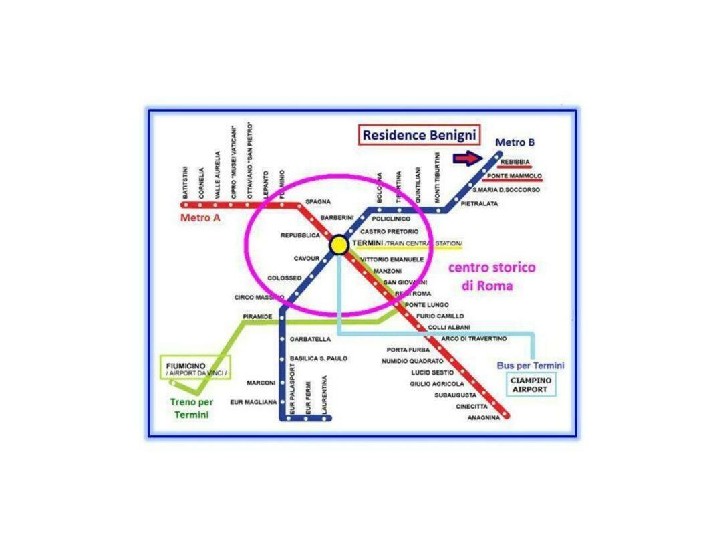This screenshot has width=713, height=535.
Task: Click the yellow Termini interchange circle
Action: pos(339,245)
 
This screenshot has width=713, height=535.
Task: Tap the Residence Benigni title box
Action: pos(420,135)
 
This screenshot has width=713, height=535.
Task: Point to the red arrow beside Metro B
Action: pos(466,158)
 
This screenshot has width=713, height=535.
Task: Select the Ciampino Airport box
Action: pos(531,385)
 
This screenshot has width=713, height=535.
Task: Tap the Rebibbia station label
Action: pos(515,162)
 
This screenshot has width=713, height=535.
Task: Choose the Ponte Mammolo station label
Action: pos(514,176)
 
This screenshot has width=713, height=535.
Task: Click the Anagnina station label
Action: pos(484,418)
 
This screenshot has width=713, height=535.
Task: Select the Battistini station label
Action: pos(185,181)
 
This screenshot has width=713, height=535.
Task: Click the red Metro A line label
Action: pos(200,218)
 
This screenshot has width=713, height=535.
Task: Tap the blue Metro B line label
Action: pos(515,142)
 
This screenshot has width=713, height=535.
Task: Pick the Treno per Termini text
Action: pos(192,408)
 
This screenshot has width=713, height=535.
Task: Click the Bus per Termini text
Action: pos(531,366)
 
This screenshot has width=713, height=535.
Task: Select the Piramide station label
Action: pos(257,316)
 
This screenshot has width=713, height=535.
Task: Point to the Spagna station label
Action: pos(318,201)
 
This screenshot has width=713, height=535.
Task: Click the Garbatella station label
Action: pos(310,339)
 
